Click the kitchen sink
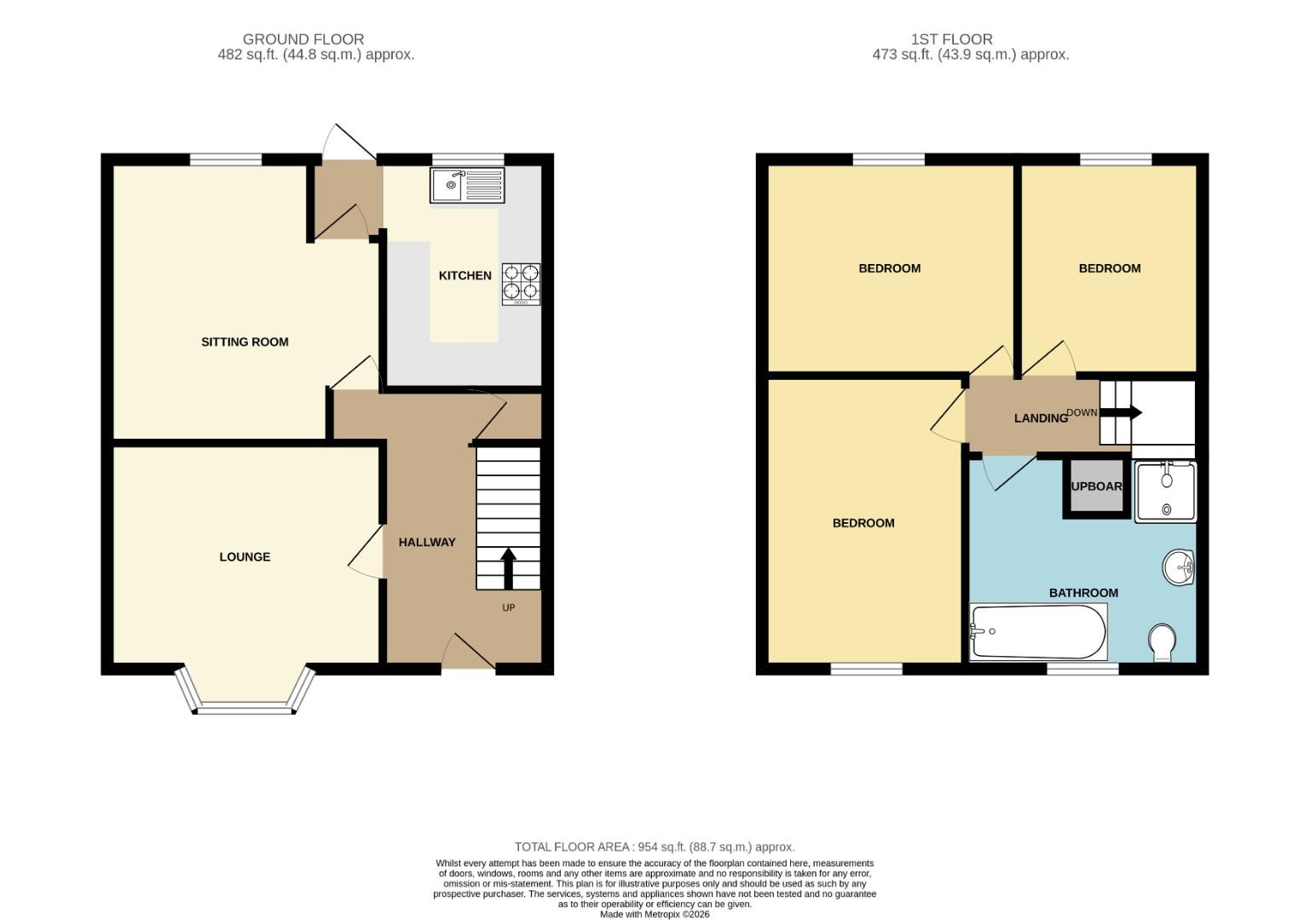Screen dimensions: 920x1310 click(x=467, y=185)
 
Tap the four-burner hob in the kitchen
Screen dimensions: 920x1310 click(x=521, y=284)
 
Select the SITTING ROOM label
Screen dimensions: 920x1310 click(x=245, y=342)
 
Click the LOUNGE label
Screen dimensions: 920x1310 click(x=245, y=556)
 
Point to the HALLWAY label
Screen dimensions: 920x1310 click(x=427, y=542)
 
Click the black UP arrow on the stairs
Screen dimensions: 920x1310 click(x=508, y=568)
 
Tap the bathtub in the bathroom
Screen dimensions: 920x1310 click(x=1038, y=631)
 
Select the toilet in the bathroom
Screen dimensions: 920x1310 click(x=1162, y=641)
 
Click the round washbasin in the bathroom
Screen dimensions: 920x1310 click(x=1180, y=567)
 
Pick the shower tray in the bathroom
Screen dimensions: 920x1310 click(x=1165, y=492)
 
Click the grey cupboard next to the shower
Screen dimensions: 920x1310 click(x=1096, y=486)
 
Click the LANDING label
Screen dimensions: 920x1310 click(x=1041, y=417)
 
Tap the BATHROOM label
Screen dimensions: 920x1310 click(x=1083, y=593)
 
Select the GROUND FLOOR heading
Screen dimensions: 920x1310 click(x=303, y=39)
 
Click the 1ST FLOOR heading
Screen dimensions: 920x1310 click(x=951, y=39)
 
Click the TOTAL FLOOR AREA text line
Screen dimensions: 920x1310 click(x=654, y=847)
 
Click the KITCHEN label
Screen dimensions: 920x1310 click(x=465, y=275)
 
